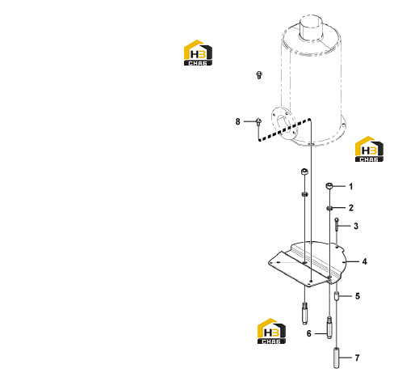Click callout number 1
coord(350,186)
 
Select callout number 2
coord(351,208)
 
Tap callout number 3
coord(356,226)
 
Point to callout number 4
coord(365,261)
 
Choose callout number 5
coord(358,296)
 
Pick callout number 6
coord(309,333)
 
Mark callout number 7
coord(357,358)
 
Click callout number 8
coord(237,121)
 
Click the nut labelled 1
coord(329,185)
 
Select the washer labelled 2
coord(329,208)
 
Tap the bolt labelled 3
coord(337,225)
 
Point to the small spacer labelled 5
coord(337,296)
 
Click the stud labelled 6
coord(329,328)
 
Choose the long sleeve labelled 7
coord(337,358)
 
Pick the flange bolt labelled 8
coord(258,121)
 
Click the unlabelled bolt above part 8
coord(259,74)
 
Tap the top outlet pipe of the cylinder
coord(311,28)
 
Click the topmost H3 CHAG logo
coord(198,53)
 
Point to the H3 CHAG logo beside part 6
coord(271,331)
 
